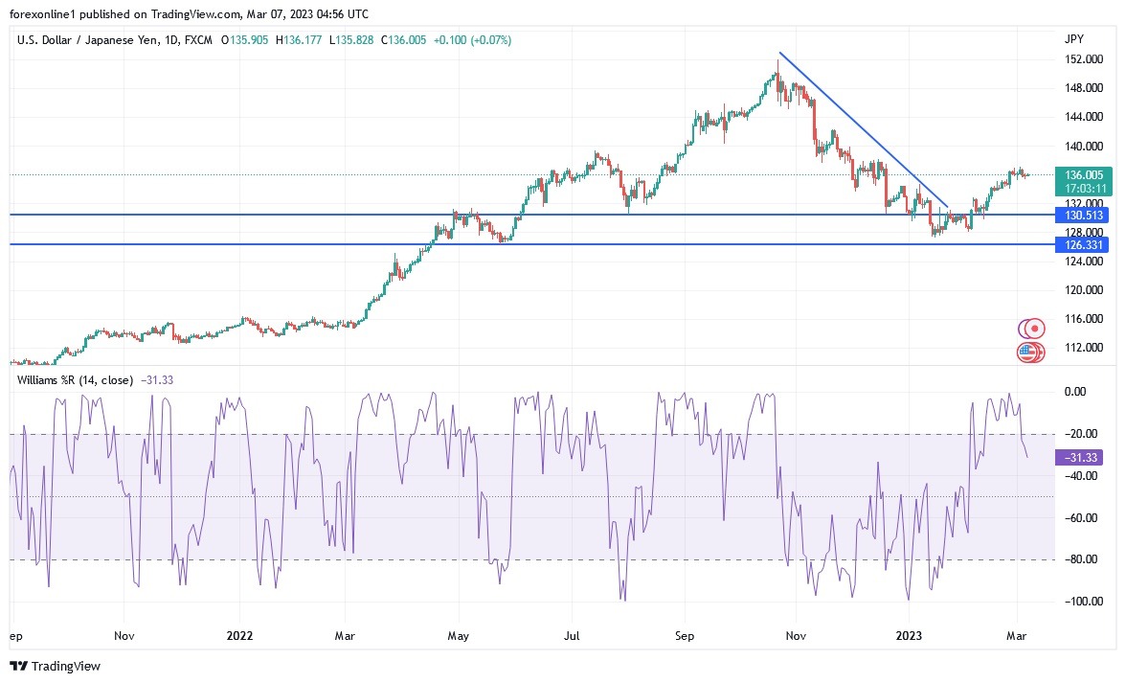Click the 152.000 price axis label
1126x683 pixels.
(x=1082, y=59)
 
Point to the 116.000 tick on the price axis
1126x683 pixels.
(x=1082, y=318)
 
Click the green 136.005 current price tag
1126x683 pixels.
(x=1082, y=174)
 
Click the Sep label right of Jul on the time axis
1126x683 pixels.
(x=683, y=635)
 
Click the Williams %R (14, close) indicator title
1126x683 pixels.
(x=76, y=380)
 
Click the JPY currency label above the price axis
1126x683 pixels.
(x=1073, y=39)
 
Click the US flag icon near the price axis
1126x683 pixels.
(x=1027, y=353)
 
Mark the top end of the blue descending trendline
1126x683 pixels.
(x=779, y=53)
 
